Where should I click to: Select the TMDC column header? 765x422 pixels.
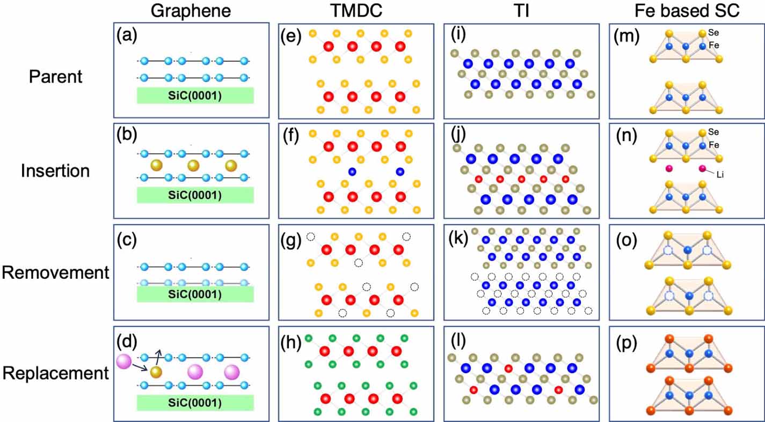pos(355,11)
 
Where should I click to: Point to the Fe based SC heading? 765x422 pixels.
pos(685,11)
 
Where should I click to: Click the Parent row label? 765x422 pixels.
pos(56,77)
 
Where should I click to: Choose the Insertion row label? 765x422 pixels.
pos(56,172)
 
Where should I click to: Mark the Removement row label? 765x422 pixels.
pos(55,272)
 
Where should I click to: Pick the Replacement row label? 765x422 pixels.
pos(55,373)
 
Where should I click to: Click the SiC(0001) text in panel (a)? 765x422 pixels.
pos(195,95)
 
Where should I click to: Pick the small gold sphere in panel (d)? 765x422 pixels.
pos(156,372)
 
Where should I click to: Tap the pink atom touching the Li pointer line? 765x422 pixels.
pos(702,169)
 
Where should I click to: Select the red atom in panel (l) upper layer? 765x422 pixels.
pos(508,368)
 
